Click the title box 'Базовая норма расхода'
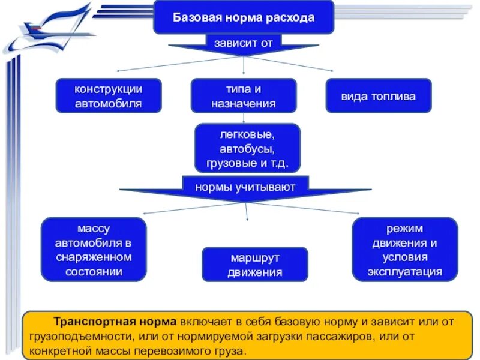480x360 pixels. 244,17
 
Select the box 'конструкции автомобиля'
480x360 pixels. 109,96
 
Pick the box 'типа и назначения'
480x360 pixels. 243,96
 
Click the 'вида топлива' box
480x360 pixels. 378,96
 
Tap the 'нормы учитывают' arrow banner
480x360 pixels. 245,187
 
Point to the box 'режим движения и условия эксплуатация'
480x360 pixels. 404,250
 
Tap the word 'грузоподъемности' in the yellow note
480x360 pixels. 80,337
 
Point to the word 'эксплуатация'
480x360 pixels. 404,271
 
